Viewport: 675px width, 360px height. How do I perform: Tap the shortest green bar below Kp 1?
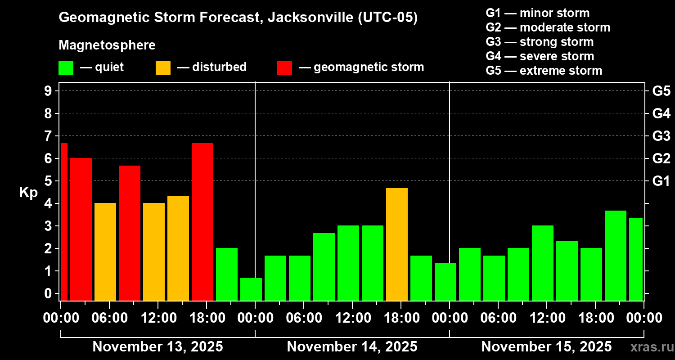coord(251,289)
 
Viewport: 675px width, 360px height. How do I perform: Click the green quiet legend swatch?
coord(66,68)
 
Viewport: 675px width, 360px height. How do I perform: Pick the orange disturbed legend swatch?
coord(163,68)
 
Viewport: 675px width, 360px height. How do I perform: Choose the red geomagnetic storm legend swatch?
coord(284,68)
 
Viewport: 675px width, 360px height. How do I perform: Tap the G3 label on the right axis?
coord(661,136)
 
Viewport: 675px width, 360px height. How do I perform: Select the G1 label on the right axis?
coord(661,181)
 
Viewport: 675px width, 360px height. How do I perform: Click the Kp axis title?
coord(28,193)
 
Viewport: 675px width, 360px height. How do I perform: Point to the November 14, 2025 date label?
coord(352,347)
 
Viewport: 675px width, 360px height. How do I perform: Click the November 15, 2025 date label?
coord(546,347)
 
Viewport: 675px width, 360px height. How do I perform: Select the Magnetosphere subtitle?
coord(107,45)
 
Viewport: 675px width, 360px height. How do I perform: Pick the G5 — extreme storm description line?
coord(544,71)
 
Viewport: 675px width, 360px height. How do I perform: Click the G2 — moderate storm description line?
coord(548,27)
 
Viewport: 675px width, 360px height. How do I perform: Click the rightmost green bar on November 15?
coord(635,259)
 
